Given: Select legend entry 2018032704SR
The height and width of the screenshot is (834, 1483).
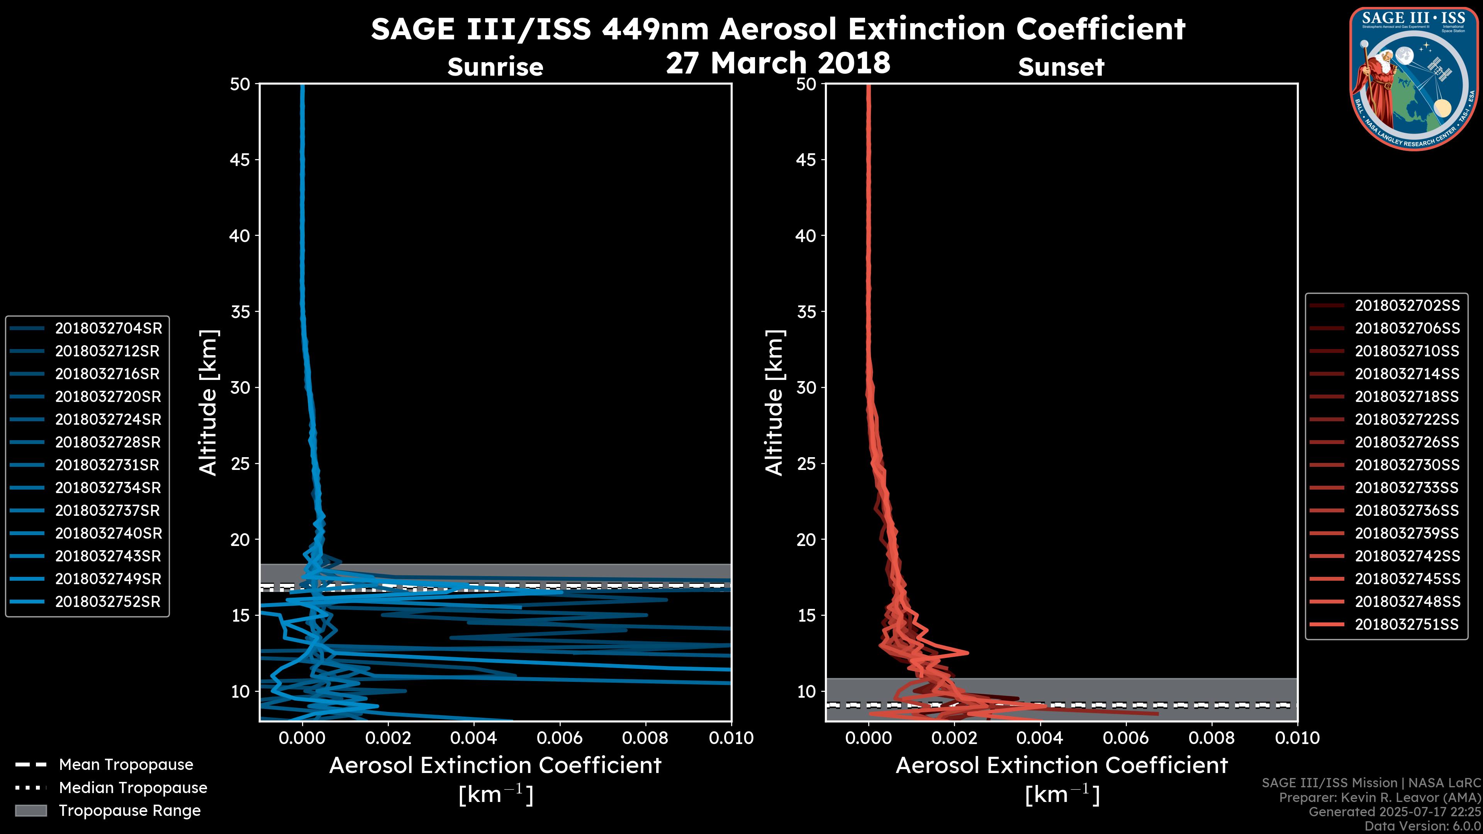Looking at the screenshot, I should coord(108,328).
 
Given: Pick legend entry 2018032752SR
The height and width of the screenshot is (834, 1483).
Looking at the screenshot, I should coord(108,602).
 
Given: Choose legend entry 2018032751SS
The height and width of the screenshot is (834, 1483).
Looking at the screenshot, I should coord(1407,624).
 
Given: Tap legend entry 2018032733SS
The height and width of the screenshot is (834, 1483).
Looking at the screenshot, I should coord(1407,488).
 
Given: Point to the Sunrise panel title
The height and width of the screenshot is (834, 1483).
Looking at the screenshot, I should coord(495,67).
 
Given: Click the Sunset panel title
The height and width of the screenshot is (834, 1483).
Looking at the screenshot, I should coord(1061,67).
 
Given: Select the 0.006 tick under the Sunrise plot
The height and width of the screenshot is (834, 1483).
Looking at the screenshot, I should coord(560,738).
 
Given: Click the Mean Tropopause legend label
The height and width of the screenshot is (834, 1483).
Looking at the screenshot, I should coord(126,764).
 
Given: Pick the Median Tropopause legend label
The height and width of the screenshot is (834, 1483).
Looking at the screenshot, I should coord(132,787).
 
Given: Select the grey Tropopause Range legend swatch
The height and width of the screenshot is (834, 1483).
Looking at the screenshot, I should coord(31,810).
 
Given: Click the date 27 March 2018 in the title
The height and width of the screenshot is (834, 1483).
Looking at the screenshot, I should coord(778,62).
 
